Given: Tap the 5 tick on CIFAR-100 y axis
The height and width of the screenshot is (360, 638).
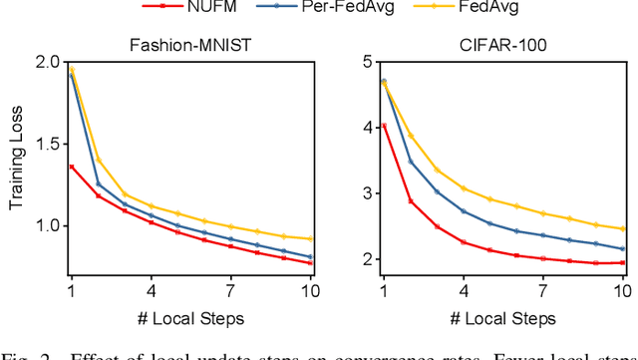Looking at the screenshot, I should pos(368,62).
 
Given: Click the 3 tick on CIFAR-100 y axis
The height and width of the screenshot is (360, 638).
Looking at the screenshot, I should pos(368,192).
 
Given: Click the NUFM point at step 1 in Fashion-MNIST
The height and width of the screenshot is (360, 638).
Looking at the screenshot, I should pos(70,167).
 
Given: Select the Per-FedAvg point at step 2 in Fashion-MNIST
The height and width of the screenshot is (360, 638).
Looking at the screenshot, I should pos(97,184).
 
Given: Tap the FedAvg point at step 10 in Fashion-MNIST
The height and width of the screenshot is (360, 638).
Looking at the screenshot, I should pos(312,238).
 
